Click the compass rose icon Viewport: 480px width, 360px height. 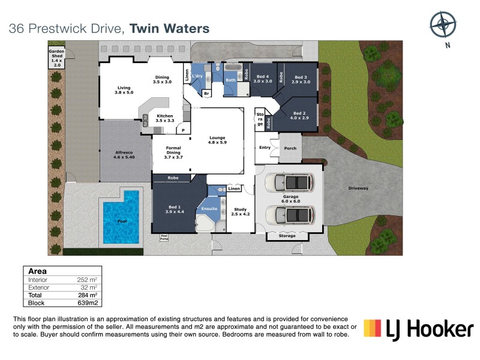point(443,25)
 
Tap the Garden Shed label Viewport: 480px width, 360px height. point(56,57)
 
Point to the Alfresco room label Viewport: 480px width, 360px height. point(124,155)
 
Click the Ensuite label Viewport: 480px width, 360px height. point(209,208)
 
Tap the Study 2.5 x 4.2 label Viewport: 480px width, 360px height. point(241,212)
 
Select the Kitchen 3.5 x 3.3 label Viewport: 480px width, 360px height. point(165,118)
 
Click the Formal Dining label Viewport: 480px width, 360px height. point(173,152)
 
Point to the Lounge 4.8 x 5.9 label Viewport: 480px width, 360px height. point(217,139)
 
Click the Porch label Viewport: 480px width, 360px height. point(290,148)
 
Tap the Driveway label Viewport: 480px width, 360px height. point(358,188)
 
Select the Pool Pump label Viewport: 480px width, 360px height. point(164,237)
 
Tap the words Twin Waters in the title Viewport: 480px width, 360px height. point(170,28)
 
